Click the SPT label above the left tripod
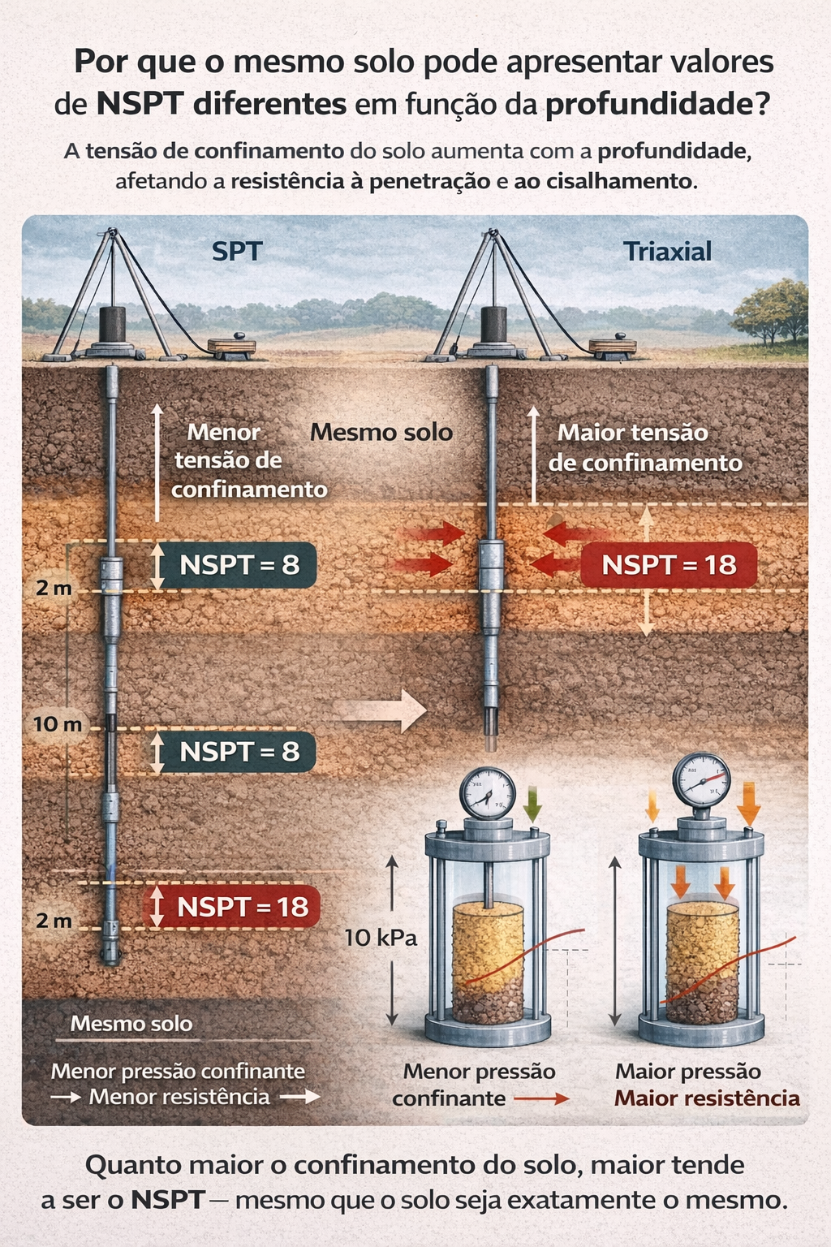click(237, 252)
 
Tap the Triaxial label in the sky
click(667, 252)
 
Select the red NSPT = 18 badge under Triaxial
click(669, 565)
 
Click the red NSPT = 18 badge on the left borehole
click(231, 906)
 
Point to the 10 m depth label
click(58, 724)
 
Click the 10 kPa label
click(381, 938)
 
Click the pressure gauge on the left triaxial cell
click(487, 794)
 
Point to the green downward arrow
click(532, 804)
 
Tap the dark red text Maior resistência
click(707, 1098)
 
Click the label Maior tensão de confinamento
click(644, 448)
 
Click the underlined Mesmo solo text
click(131, 1024)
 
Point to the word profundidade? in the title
click(657, 105)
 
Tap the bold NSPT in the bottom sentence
click(167, 1200)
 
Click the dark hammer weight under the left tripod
click(112, 325)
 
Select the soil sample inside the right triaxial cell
click(701, 962)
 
